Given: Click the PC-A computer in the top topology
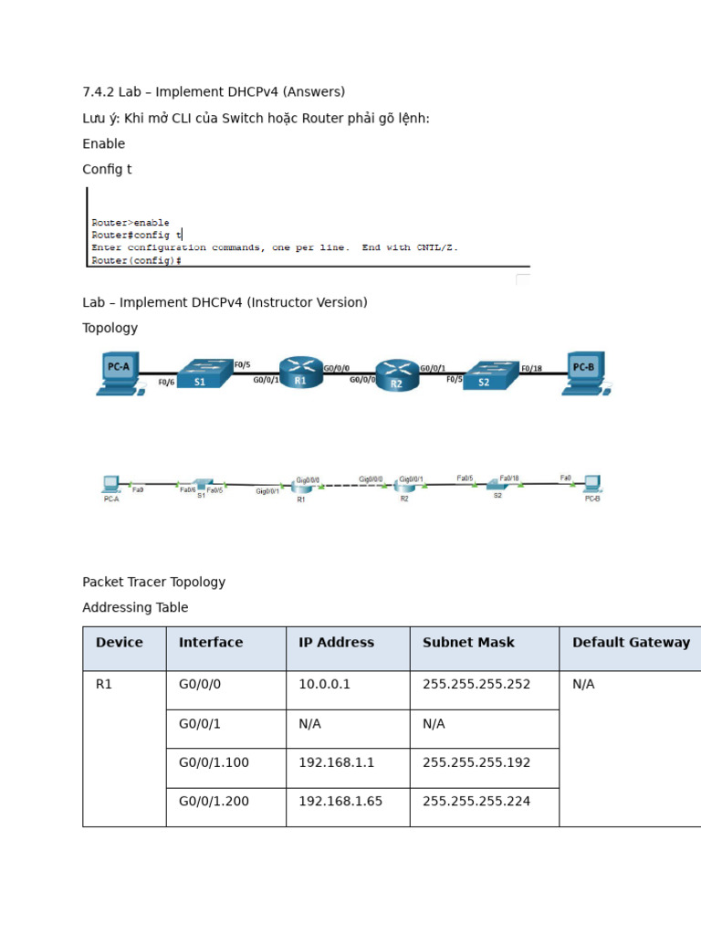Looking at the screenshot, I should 120,372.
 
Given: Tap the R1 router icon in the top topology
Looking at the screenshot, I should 300,372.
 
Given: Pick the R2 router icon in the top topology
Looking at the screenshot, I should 396,374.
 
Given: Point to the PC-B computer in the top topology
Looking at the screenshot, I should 583,372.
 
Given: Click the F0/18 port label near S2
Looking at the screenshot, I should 531,369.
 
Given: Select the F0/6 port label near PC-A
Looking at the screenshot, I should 166,383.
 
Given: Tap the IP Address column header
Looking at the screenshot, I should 336,643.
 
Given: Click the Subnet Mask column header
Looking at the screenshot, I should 468,643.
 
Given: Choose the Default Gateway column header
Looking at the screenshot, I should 631,643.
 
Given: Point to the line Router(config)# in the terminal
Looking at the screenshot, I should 136,260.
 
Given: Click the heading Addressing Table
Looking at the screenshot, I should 135,607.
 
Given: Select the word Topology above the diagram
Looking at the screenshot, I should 110,328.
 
